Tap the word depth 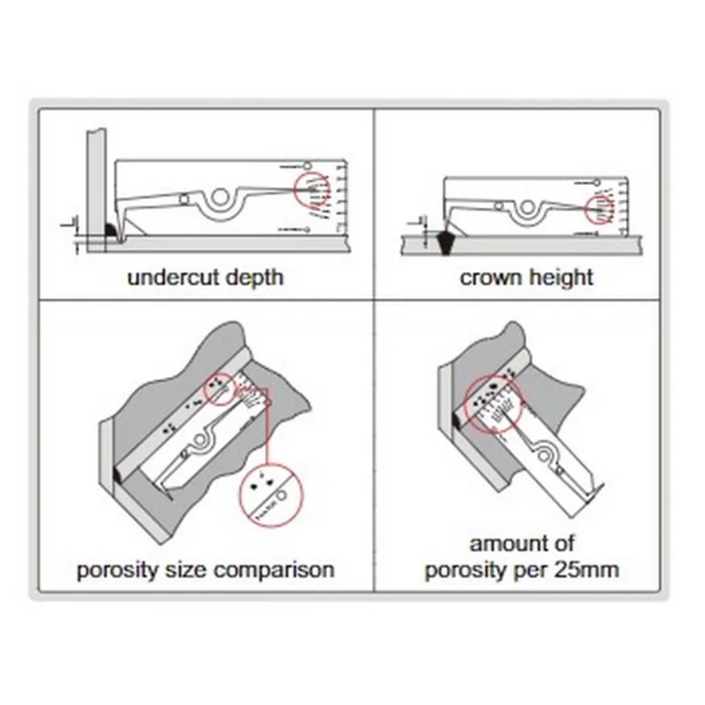[x=254, y=278]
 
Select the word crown [x=490, y=278]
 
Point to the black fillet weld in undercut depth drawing [x=113, y=231]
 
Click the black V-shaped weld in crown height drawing [x=446, y=240]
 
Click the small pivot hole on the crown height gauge [x=499, y=205]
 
